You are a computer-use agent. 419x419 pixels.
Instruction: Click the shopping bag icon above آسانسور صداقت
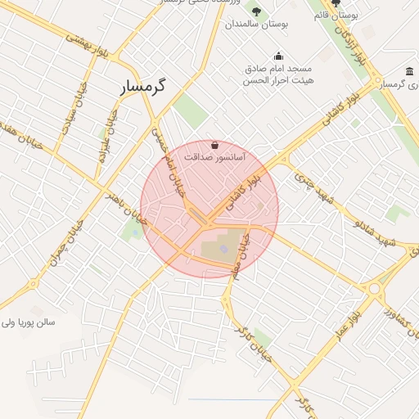point(214,144)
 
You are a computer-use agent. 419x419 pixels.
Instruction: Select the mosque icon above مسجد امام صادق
point(279,56)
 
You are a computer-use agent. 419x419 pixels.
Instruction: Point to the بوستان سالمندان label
point(262,25)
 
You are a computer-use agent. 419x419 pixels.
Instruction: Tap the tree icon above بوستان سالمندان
point(256,11)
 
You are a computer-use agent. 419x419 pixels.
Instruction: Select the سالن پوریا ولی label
point(28,322)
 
